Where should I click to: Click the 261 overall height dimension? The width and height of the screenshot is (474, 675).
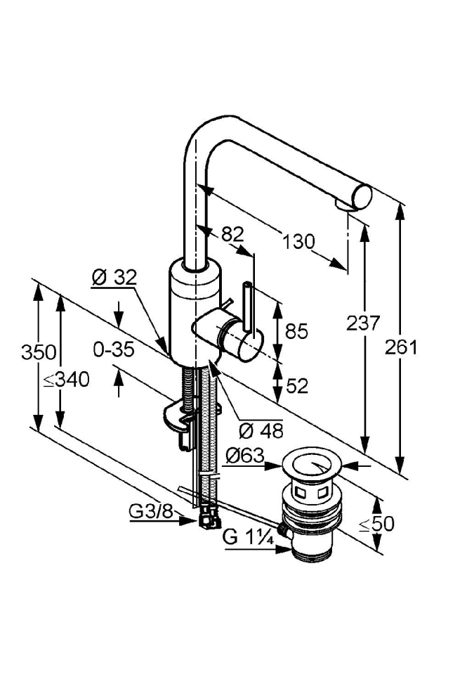(x=400, y=347)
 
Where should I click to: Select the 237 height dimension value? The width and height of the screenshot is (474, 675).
(x=364, y=323)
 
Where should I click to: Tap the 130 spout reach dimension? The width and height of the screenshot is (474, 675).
(x=298, y=241)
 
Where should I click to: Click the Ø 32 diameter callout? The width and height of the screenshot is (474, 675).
(x=114, y=278)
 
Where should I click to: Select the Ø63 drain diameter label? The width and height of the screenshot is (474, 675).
(x=245, y=455)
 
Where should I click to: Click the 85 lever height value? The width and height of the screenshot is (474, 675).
(x=296, y=331)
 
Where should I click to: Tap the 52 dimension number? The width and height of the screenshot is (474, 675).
(x=297, y=386)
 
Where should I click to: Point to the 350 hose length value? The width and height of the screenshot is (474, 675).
(x=39, y=352)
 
